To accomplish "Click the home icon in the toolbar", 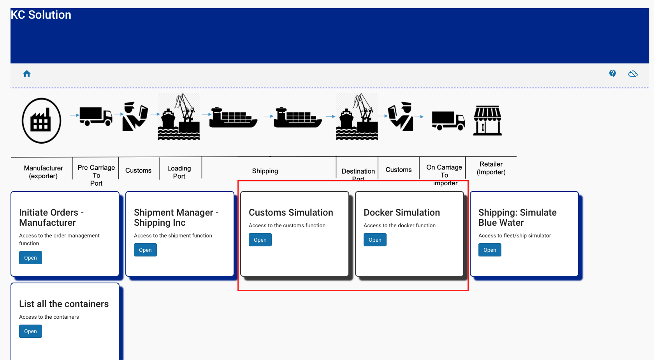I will click(x=27, y=74).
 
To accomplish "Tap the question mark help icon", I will click(x=612, y=74).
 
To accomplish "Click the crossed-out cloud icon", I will click(x=633, y=74).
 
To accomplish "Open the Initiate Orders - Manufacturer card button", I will click(x=30, y=258).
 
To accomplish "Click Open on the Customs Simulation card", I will click(x=260, y=240).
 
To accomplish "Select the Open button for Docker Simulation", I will click(x=375, y=240).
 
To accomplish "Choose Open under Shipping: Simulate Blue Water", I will click(x=490, y=250).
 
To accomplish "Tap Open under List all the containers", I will click(x=30, y=331).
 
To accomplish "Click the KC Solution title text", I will click(x=41, y=15).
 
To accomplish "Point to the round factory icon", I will click(x=41, y=121).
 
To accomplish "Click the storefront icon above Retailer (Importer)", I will click(x=487, y=120).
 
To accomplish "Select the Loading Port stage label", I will click(x=179, y=172).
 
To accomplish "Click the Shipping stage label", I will click(x=265, y=171).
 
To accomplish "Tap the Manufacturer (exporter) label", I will click(x=43, y=172).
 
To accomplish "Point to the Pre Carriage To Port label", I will click(x=96, y=175).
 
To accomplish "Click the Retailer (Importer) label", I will click(x=491, y=168).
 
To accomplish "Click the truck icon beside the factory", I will click(x=96, y=116).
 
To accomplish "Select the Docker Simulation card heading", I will click(x=402, y=212).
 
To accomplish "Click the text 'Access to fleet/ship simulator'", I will click(x=515, y=235).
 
